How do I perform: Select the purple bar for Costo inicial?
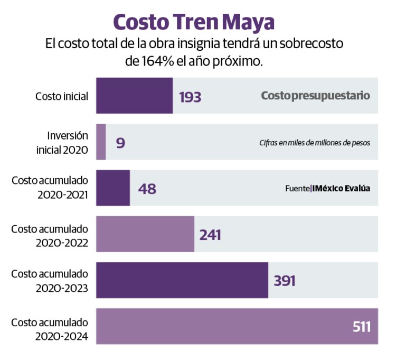[134, 96]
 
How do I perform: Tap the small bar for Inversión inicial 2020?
[101, 142]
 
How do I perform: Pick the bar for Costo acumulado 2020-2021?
[113, 188]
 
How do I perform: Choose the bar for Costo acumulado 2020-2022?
[145, 234]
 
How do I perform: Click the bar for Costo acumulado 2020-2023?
[182, 280]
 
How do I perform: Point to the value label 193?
[190, 97]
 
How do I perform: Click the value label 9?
[120, 143]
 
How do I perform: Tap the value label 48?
[147, 189]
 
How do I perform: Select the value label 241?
[210, 235]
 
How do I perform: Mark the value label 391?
[284, 281]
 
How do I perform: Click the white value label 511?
[362, 327]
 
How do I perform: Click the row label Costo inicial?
[61, 96]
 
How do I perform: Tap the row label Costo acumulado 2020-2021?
[50, 188]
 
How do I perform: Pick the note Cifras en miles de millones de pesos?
[314, 143]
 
